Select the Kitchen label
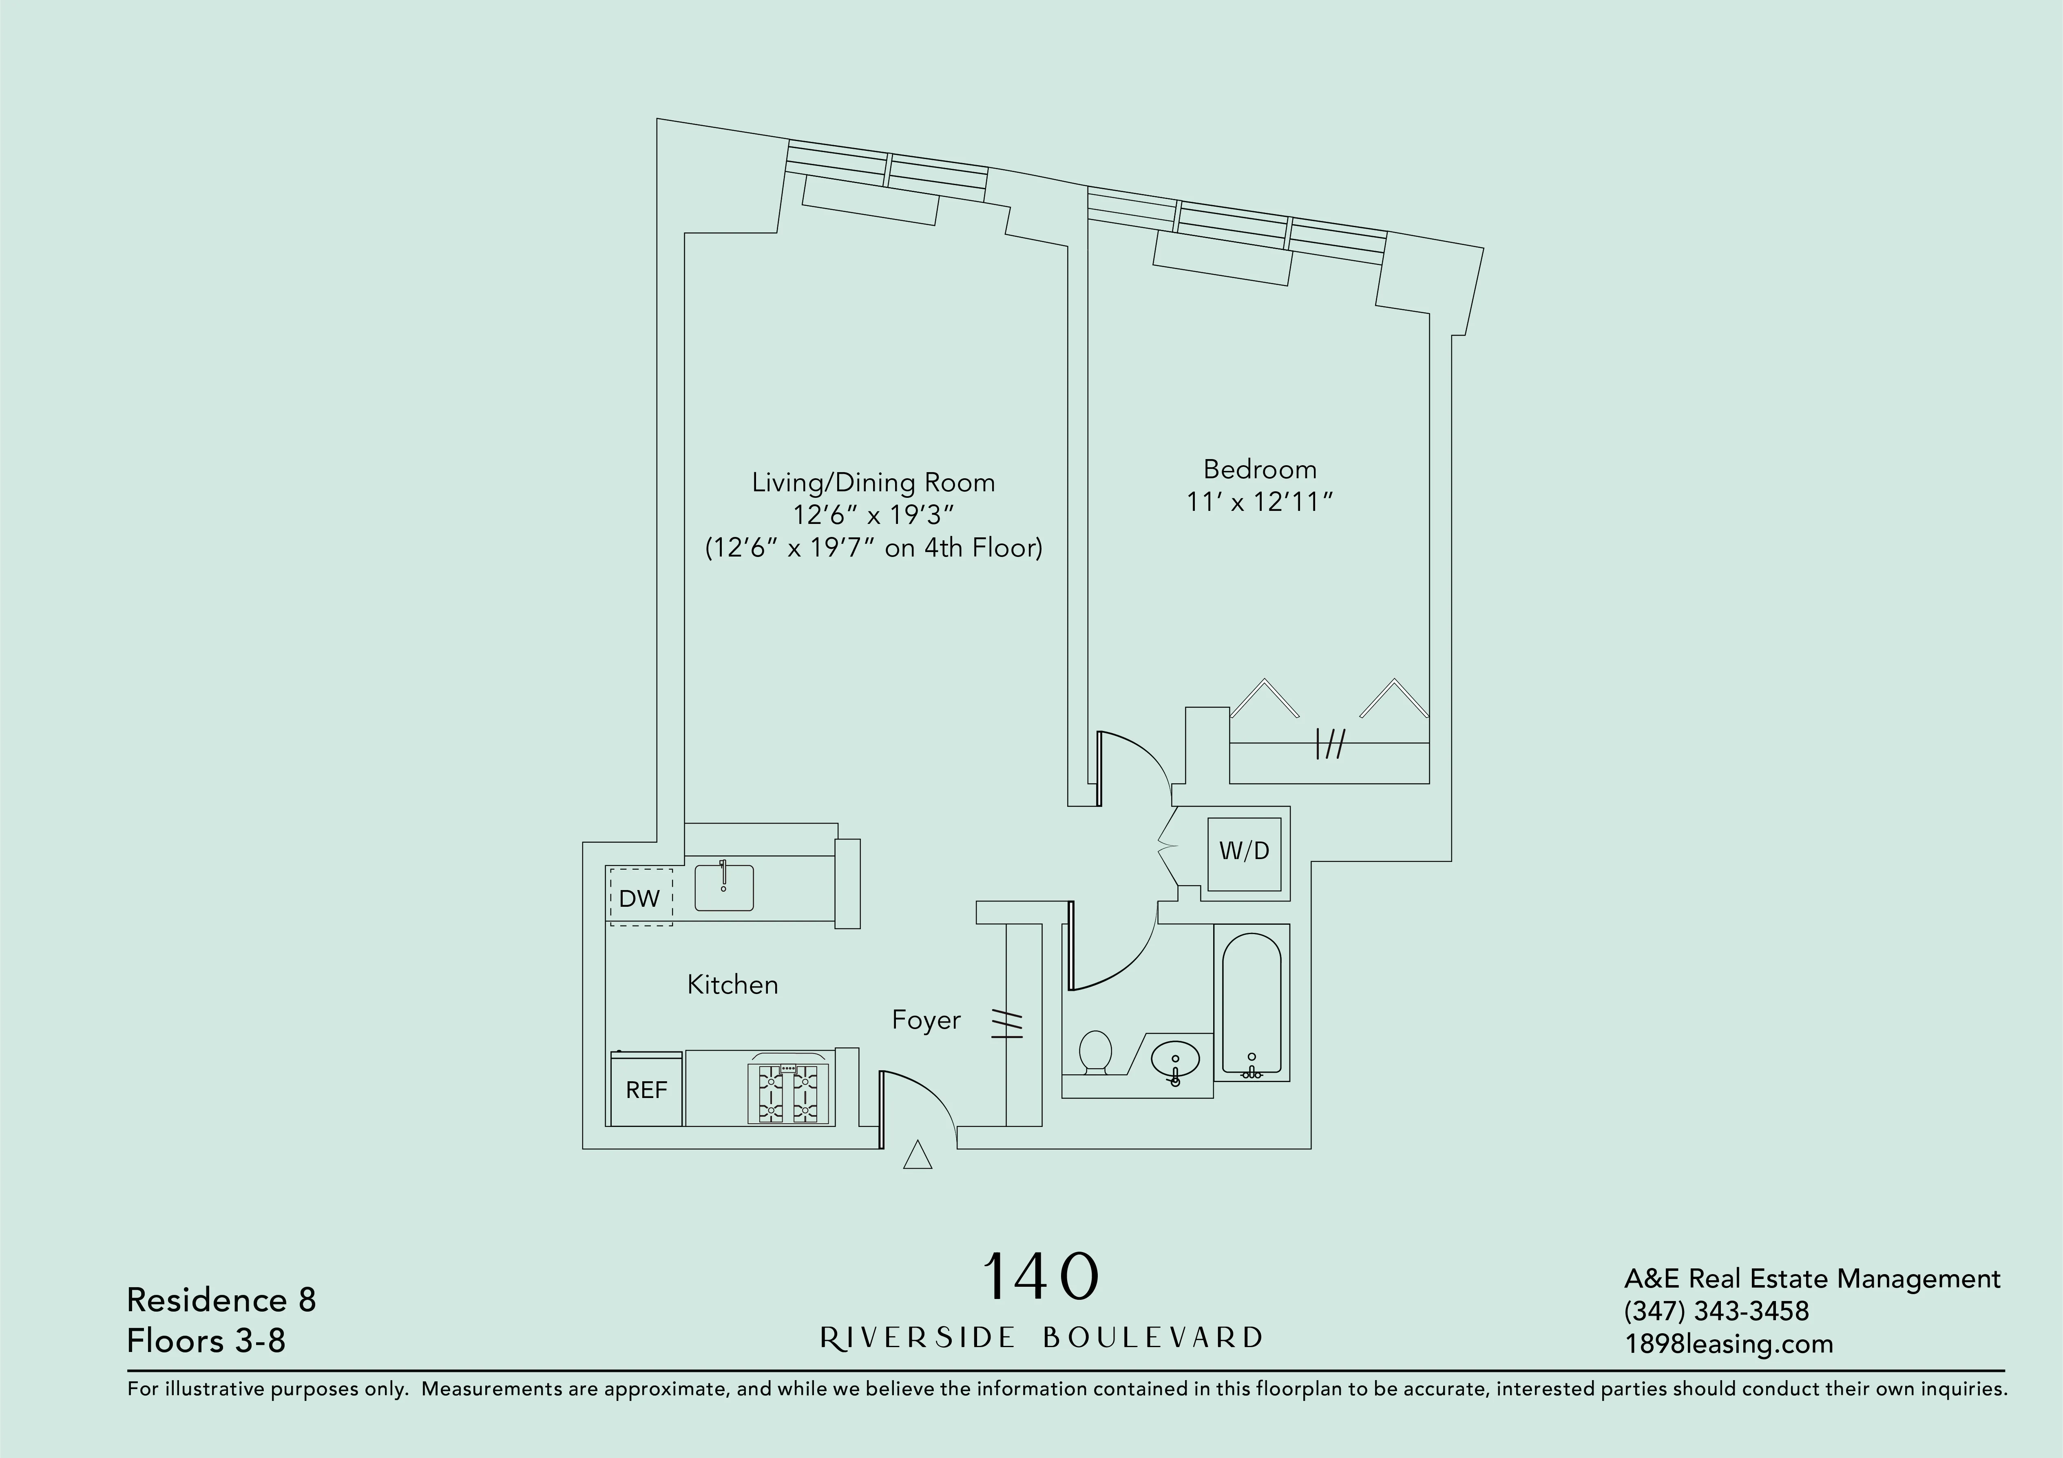click(732, 985)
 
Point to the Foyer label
click(925, 1020)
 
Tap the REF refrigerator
click(646, 1090)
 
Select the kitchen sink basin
click(724, 888)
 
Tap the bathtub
click(1252, 1002)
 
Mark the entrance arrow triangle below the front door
click(916, 1156)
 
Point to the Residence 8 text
click(221, 1300)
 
